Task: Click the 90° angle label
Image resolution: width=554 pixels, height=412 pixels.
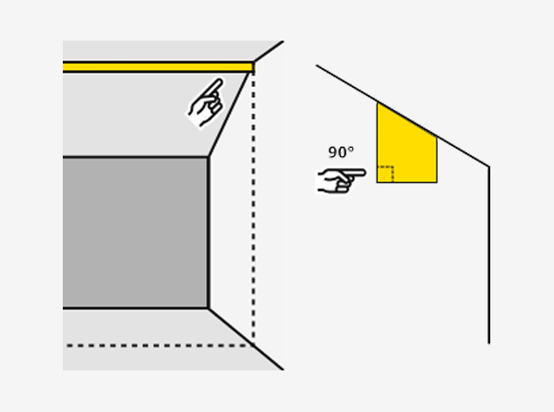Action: (x=341, y=152)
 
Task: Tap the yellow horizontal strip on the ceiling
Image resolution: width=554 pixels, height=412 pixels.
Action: (x=158, y=67)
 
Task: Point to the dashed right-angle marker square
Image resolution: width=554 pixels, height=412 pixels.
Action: (x=385, y=175)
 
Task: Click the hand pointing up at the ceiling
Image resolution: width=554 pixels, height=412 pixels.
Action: (x=206, y=103)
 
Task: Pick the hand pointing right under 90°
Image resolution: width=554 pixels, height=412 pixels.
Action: (x=341, y=180)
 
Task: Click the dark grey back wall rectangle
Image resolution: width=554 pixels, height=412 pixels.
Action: (x=136, y=233)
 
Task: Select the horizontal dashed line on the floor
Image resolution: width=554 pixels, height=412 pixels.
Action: (x=160, y=345)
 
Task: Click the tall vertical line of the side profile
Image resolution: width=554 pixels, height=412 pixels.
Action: (x=489, y=254)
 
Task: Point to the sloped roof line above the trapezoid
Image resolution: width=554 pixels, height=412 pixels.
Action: (x=403, y=115)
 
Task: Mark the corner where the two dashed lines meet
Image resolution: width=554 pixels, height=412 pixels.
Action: (x=253, y=345)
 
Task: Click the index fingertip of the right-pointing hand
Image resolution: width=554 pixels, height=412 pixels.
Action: (x=364, y=173)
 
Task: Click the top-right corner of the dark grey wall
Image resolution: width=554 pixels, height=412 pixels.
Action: (x=209, y=157)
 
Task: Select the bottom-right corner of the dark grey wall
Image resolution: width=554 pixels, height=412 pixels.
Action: (x=209, y=309)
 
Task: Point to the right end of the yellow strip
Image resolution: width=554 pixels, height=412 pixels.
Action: (x=254, y=67)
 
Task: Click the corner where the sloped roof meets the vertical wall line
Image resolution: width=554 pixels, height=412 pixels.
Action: (x=489, y=166)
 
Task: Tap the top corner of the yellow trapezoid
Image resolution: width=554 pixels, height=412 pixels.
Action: (x=377, y=103)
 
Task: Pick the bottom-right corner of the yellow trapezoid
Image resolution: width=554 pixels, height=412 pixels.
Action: (x=437, y=183)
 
